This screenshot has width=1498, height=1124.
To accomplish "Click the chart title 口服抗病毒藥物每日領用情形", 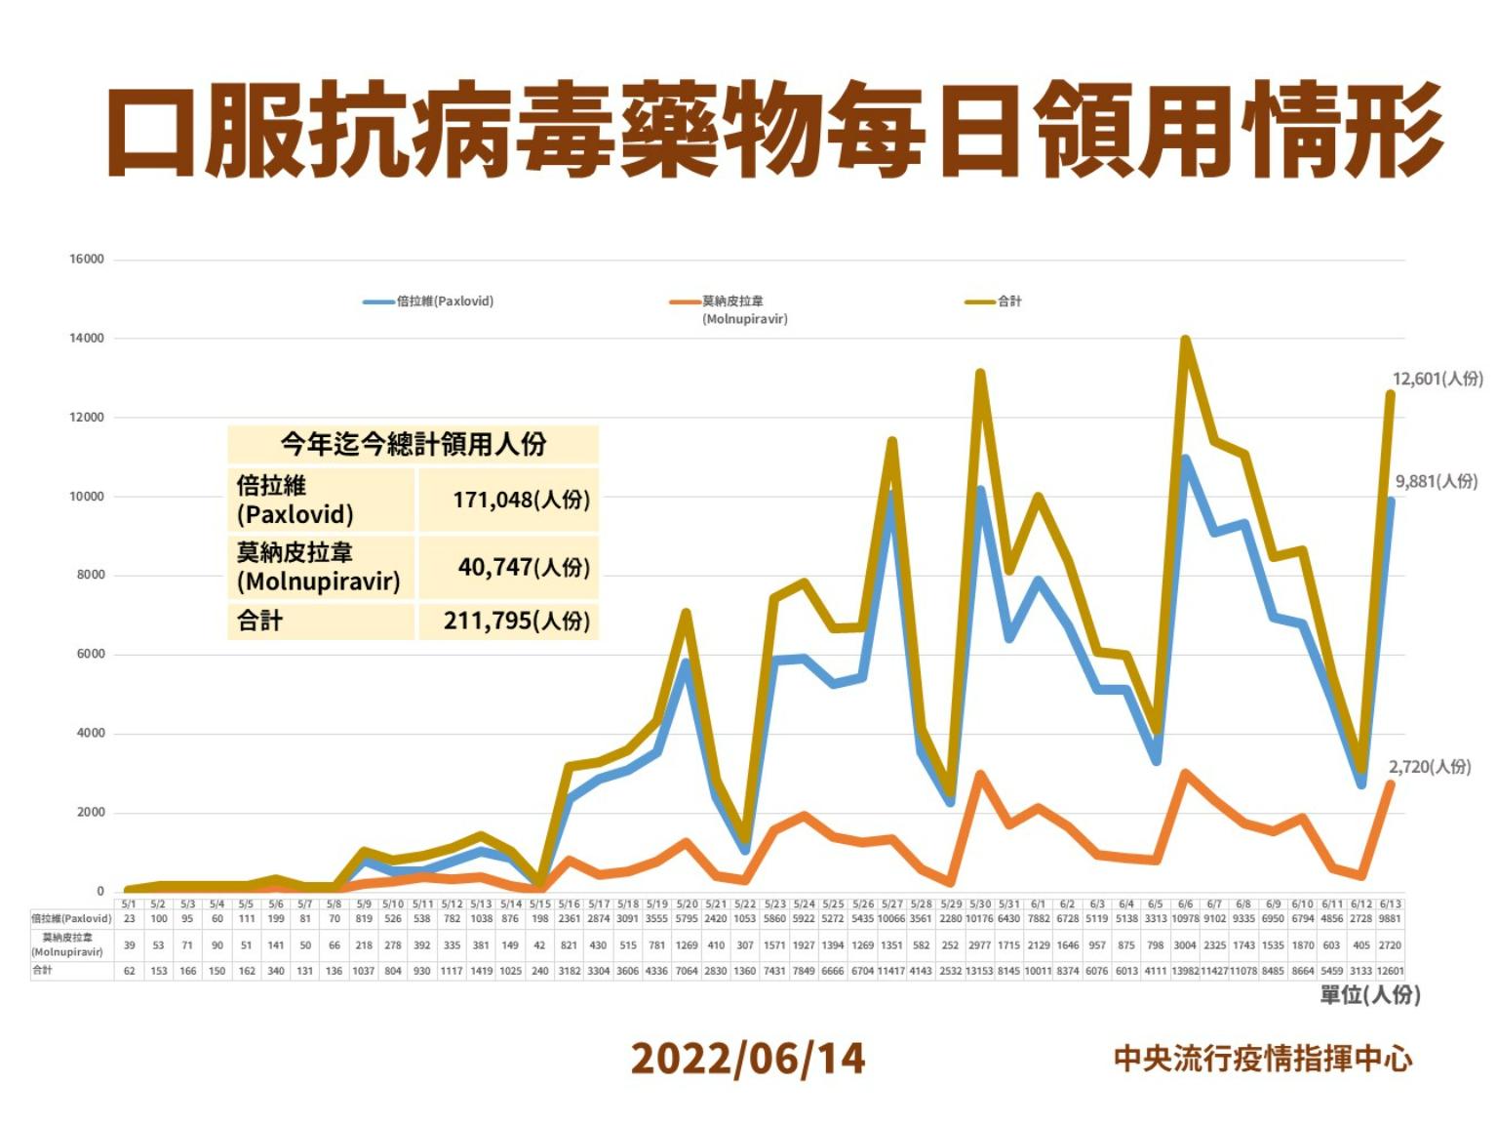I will pyautogui.click(x=775, y=130).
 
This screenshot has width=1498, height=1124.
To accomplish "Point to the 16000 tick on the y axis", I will pyautogui.click(x=87, y=260).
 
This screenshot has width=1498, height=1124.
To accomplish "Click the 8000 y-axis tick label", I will pyautogui.click(x=91, y=576).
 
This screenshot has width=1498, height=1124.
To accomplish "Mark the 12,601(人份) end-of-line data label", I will pyautogui.click(x=1437, y=379).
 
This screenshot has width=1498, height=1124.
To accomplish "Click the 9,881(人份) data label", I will pyautogui.click(x=1437, y=481).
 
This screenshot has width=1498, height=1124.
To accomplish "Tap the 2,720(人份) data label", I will pyautogui.click(x=1430, y=767).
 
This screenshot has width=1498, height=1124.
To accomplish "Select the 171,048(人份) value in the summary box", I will pyautogui.click(x=521, y=500).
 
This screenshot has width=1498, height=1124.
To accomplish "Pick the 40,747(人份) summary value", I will pyautogui.click(x=524, y=567).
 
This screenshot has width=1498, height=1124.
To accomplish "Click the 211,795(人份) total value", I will pyautogui.click(x=517, y=621).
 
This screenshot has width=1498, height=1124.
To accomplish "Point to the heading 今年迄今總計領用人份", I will pyautogui.click(x=413, y=445).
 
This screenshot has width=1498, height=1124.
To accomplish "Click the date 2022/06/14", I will pyautogui.click(x=748, y=1059).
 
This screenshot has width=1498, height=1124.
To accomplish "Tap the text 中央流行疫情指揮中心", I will pyautogui.click(x=1263, y=1059).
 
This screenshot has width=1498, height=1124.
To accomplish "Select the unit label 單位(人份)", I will pyautogui.click(x=1369, y=995).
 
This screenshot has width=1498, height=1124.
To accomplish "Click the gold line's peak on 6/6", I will pyautogui.click(x=1185, y=341).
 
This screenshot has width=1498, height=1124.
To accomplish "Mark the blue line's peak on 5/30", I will pyautogui.click(x=980, y=490).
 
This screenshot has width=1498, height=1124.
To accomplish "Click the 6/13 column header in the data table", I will pyautogui.click(x=1390, y=904).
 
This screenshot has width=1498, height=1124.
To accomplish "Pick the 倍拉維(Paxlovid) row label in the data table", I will pyautogui.click(x=71, y=919).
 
